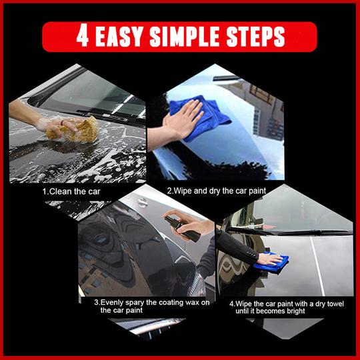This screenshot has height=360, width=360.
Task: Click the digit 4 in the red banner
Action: [x=83, y=35]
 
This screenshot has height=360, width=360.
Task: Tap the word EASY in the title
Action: [x=119, y=36]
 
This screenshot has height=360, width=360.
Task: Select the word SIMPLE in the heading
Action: [x=185, y=36]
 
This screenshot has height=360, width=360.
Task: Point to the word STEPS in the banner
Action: [x=255, y=36]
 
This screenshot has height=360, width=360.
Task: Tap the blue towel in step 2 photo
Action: [x=199, y=117]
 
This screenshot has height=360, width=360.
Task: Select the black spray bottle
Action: [x=182, y=229]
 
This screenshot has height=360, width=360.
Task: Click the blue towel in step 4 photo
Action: [x=271, y=263]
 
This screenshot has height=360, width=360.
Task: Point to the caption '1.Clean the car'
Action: [x=71, y=191]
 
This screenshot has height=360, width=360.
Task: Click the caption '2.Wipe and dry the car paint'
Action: [x=217, y=191]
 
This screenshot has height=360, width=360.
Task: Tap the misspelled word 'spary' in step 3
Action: [x=133, y=303]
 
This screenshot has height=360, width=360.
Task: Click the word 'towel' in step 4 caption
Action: [x=335, y=304]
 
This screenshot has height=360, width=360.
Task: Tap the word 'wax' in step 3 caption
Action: [x=193, y=303]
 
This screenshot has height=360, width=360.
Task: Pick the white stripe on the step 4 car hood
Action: [x=317, y=266]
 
